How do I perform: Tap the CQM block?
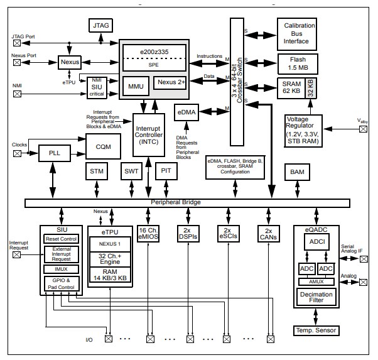pos(104,146)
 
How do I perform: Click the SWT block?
pos(131,172)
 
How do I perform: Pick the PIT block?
pos(165,172)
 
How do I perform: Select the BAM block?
pos(298,172)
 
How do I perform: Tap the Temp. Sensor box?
pos(316,330)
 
